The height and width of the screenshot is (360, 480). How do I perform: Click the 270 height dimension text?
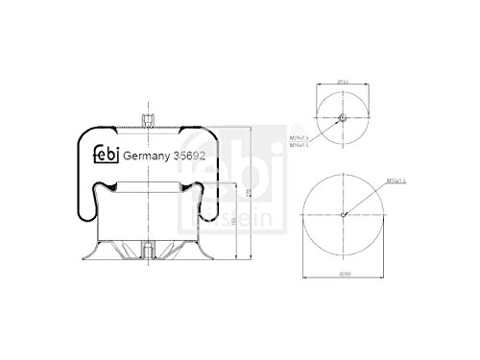(250, 192)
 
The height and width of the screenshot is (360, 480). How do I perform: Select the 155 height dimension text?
(235, 219)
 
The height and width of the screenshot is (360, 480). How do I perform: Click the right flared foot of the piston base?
(210, 255)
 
